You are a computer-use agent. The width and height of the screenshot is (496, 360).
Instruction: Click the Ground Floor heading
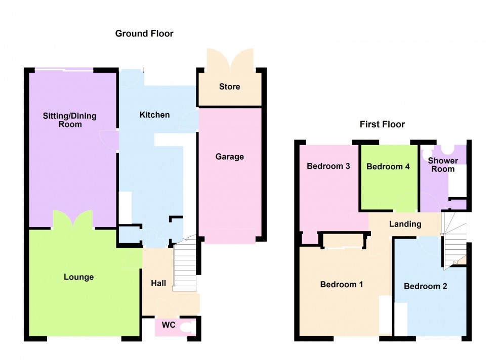(x=144, y=34)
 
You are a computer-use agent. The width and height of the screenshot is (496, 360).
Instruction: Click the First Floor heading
(x=382, y=124)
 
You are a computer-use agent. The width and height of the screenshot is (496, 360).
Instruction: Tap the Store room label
(x=229, y=87)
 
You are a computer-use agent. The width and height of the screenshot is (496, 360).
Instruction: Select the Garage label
(x=229, y=157)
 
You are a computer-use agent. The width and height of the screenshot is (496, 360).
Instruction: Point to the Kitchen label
(x=154, y=115)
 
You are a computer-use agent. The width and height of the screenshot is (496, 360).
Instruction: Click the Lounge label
(x=79, y=277)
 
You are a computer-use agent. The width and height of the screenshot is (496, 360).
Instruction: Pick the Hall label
(x=158, y=284)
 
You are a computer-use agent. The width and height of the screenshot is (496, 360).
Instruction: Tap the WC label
(x=169, y=325)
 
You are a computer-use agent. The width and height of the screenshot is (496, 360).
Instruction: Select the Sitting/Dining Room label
(x=69, y=120)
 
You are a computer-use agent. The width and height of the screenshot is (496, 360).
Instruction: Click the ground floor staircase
(x=185, y=265)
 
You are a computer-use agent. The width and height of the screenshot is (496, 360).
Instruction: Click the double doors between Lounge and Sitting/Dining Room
(x=72, y=220)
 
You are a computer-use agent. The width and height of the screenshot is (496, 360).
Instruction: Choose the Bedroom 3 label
(x=329, y=166)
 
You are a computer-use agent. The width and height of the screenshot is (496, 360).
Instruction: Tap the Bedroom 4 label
(x=388, y=166)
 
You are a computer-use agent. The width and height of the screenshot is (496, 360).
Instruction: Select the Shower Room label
(x=443, y=165)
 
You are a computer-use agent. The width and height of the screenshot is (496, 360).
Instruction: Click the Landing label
(x=405, y=224)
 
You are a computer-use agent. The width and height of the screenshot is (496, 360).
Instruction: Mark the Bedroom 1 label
(x=342, y=285)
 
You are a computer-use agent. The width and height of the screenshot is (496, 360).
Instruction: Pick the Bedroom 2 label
(x=425, y=286)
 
